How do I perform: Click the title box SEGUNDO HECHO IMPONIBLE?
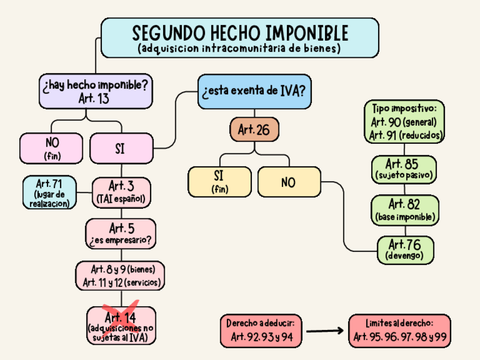click(x=239, y=37)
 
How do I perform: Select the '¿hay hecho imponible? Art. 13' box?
click(x=95, y=91)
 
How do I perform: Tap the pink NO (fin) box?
click(x=53, y=147)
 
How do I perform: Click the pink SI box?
click(x=121, y=149)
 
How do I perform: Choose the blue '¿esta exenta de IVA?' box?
click(x=254, y=91)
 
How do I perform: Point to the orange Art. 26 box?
click(x=254, y=130)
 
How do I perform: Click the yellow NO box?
click(x=289, y=182)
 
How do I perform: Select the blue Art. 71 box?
click(x=49, y=192)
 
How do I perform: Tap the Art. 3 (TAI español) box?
click(x=122, y=192)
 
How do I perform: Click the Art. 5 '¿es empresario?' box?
click(x=121, y=233)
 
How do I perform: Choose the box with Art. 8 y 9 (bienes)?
click(x=121, y=275)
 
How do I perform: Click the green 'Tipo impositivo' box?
click(x=404, y=121)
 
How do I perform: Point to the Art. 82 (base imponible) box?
click(x=404, y=209)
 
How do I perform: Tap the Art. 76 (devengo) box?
click(x=405, y=249)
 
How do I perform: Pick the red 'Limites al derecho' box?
click(x=400, y=331)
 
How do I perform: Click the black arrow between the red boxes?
click(x=325, y=331)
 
